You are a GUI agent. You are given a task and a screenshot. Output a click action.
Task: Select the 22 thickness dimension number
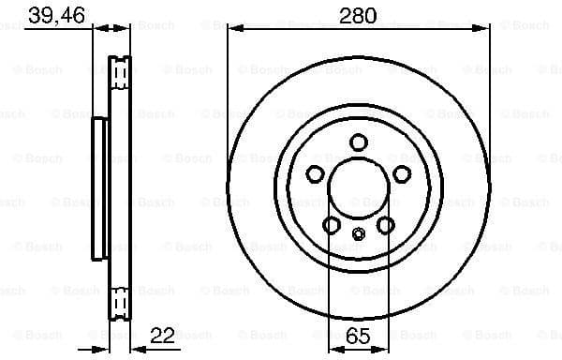163,334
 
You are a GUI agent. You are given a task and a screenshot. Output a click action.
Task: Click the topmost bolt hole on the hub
358,142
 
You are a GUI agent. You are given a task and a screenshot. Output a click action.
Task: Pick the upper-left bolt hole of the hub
315,173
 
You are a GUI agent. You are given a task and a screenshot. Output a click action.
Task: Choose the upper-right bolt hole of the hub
401,173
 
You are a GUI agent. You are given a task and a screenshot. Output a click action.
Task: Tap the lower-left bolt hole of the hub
331,224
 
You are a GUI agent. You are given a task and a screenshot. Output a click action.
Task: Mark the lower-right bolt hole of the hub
385,224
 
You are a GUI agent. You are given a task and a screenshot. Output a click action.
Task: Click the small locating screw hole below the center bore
358,233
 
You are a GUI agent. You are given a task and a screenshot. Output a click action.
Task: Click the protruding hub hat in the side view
97,187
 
